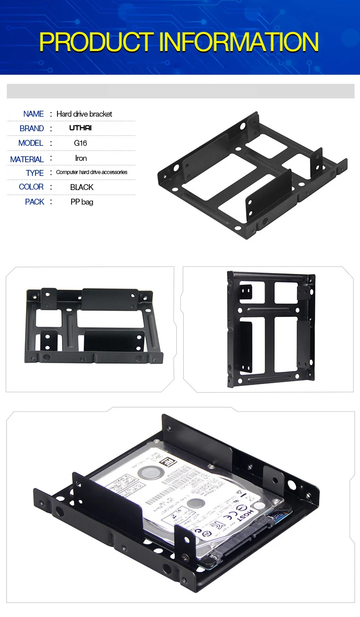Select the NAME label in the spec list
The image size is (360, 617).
33,114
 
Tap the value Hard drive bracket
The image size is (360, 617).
84,114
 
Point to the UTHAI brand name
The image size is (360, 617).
80,128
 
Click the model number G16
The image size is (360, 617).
80,143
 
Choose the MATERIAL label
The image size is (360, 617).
27,159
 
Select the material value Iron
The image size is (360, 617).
81,158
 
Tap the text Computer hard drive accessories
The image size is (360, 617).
92,172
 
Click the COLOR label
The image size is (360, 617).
31,187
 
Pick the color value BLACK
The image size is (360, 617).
82,187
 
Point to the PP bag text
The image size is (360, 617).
82,202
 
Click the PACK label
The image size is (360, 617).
35,202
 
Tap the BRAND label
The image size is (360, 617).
31,129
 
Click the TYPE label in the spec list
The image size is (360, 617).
35,173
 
